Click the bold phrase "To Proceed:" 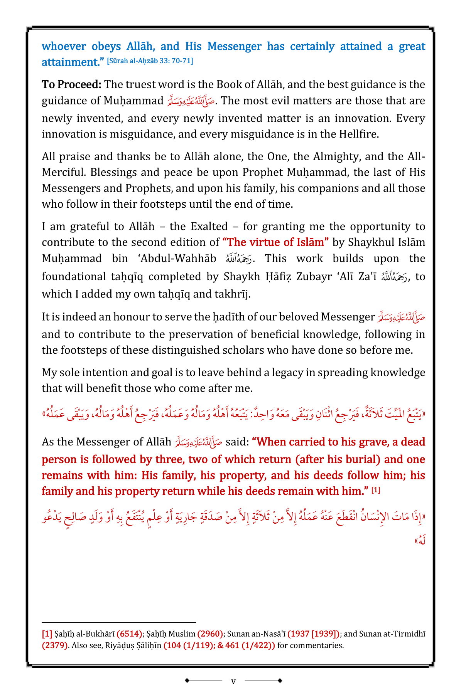71,84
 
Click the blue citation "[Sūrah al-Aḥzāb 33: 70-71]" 150,61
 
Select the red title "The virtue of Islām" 276,242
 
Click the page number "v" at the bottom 233,681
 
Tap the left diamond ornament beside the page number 187,681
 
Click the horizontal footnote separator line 119,622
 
